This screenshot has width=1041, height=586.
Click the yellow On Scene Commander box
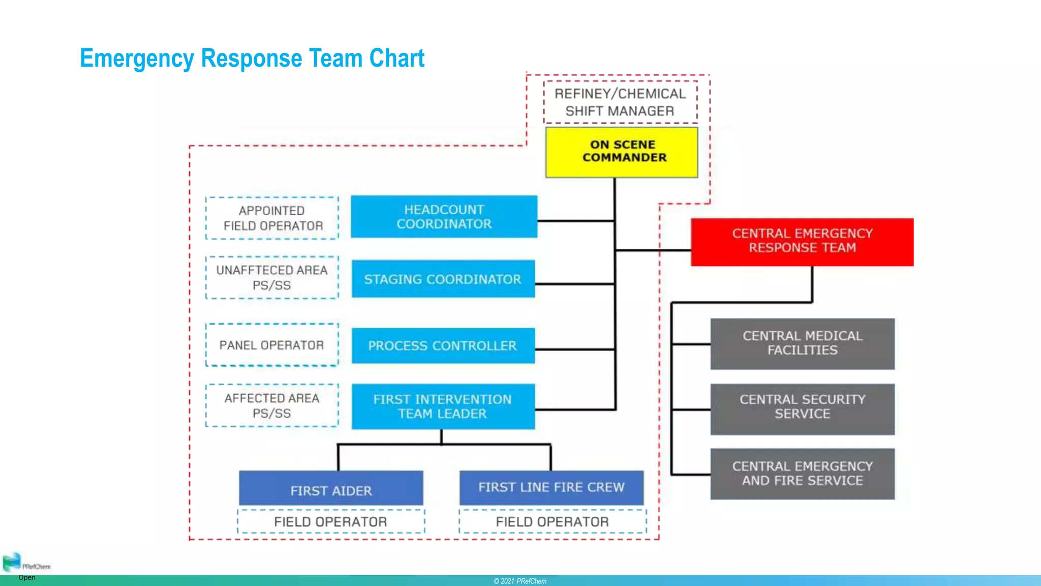[x=622, y=152]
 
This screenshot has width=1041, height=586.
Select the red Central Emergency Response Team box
[x=802, y=242]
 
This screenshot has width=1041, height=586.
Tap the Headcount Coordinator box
[x=444, y=217]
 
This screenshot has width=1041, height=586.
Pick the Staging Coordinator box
[x=443, y=279]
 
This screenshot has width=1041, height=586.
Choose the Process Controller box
[x=443, y=346]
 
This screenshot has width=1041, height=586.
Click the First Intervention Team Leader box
[x=443, y=406]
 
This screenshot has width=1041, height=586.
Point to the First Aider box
[x=331, y=488]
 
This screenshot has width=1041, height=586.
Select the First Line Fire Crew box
[x=552, y=487]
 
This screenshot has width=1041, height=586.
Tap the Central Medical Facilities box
[x=802, y=343]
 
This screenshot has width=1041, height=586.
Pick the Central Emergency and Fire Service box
[x=802, y=474]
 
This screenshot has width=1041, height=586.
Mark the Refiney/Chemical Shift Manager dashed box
[x=620, y=102]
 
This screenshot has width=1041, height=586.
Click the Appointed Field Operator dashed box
[x=272, y=218]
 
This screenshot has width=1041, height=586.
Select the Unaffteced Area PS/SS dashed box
[x=272, y=278]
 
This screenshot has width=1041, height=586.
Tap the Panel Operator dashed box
[x=272, y=345]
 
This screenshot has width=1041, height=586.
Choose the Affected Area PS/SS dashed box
[x=272, y=405]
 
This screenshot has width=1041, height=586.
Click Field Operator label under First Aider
[x=331, y=521]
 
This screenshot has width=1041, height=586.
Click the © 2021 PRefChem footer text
[x=520, y=581]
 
